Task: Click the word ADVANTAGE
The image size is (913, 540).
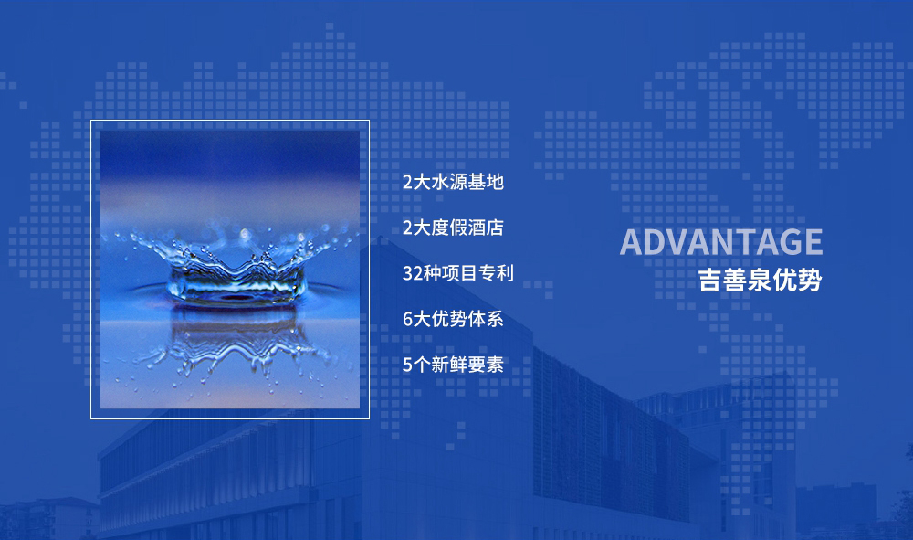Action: (721, 242)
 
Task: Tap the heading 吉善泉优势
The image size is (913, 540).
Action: (760, 281)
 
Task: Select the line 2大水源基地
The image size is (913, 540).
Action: (453, 182)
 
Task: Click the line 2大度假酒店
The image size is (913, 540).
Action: (453, 228)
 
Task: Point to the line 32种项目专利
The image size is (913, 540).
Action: (458, 273)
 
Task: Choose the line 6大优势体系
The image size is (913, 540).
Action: (453, 319)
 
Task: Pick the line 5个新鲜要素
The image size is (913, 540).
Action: (453, 365)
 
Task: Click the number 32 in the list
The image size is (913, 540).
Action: (413, 273)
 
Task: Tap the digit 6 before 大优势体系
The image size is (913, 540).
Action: (407, 319)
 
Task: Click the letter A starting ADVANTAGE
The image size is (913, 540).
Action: (631, 242)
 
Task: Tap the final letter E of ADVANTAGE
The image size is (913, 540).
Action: (813, 242)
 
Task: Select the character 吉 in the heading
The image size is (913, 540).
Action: (710, 281)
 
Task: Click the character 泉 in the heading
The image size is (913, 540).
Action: (760, 281)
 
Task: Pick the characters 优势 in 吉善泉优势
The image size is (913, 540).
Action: (797, 281)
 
